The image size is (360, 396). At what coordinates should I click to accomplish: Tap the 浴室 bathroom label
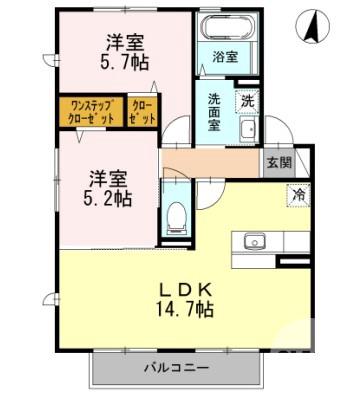coord(224,57)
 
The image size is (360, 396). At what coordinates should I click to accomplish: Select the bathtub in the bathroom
coord(224,29)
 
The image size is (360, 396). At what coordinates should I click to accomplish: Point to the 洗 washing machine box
coord(246,100)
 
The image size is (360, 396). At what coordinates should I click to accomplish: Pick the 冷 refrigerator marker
coord(297,196)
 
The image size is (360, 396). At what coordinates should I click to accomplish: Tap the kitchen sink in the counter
coord(253,241)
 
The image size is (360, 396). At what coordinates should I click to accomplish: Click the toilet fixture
coord(176,215)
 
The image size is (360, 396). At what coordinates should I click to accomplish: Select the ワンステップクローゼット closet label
coord(91,111)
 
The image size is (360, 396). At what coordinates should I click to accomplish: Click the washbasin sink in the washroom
coord(248,131)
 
